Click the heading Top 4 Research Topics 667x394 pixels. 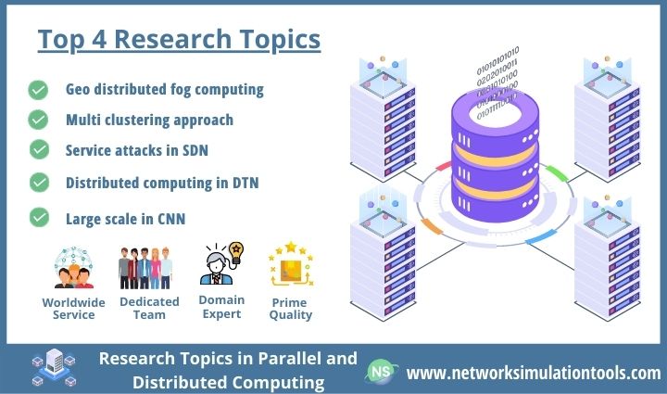pos(179,41)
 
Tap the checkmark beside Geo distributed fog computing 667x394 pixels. pos(39,90)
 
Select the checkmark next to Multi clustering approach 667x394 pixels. pos(39,120)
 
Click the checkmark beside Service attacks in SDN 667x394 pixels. pos(39,149)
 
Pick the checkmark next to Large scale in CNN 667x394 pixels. pos(39,218)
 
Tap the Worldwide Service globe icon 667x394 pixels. pos(74,268)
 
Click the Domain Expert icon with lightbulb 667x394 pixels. pos(221,264)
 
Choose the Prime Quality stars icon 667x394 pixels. pos(287,266)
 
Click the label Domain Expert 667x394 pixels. pos(221,307)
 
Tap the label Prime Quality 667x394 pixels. pos(287,308)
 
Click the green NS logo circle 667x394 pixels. pos(380,372)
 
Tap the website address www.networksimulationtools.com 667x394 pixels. pos(534,373)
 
